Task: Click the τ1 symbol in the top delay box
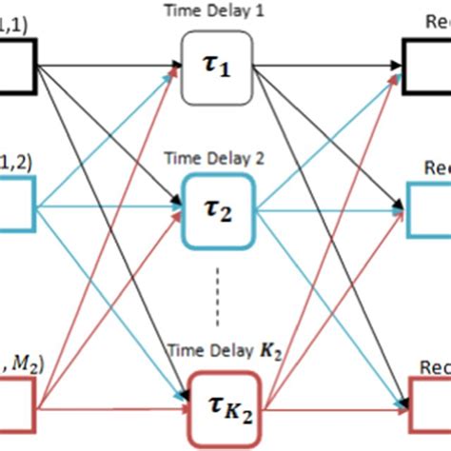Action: [217, 68]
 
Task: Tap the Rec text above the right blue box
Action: [435, 165]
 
